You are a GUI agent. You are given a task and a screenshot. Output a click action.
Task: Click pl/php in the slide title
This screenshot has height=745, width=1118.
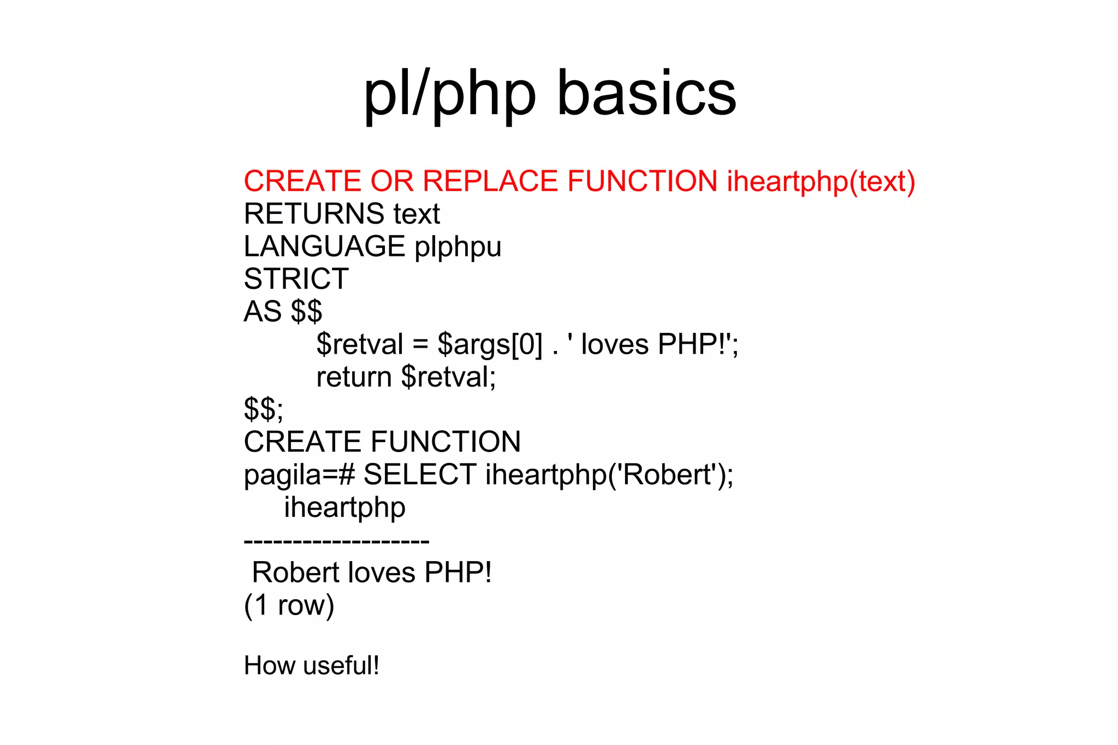pos(450,94)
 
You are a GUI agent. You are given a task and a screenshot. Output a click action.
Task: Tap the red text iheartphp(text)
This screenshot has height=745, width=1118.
pos(820,181)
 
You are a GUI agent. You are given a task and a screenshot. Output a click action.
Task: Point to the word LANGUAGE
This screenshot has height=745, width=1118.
pos(324,246)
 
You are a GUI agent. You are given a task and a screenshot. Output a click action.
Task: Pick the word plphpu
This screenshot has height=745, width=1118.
pos(457,246)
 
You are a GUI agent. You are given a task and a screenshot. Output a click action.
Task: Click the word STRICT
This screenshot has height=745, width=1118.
pos(296,279)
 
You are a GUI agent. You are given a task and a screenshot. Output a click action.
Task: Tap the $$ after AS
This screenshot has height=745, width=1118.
pos(306,312)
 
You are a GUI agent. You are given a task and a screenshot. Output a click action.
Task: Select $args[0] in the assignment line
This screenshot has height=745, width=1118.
pos(490,344)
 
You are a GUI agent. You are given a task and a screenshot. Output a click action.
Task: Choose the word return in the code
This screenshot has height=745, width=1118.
pos(354,377)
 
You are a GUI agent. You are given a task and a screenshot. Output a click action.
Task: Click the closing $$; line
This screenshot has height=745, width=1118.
pos(264,409)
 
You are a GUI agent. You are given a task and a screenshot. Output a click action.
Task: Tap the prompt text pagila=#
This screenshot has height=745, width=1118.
pos(299,474)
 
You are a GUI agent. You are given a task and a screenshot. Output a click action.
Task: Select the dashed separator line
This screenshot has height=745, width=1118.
pos(336,541)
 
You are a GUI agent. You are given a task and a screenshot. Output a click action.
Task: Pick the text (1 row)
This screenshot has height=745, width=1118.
pos(289,605)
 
